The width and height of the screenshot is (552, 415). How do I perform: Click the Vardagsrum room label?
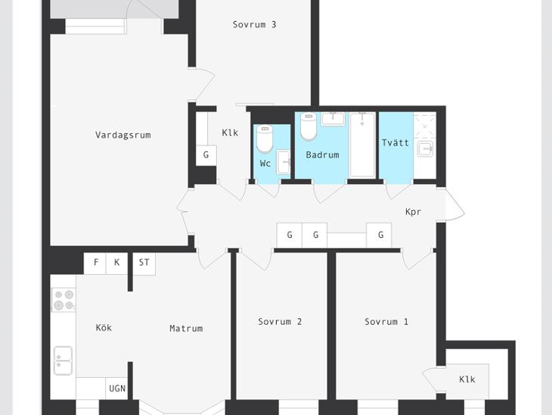(x=122, y=135)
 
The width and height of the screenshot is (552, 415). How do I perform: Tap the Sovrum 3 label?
(x=254, y=25)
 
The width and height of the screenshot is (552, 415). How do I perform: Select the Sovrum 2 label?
(x=280, y=322)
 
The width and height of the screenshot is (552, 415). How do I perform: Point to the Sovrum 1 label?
(x=386, y=322)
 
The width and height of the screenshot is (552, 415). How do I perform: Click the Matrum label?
(x=186, y=329)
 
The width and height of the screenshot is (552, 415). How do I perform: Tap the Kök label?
(x=104, y=328)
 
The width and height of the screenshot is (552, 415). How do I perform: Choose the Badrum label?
(x=322, y=154)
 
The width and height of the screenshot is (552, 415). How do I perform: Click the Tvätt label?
(x=395, y=143)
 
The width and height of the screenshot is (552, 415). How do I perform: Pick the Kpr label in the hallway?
(x=413, y=211)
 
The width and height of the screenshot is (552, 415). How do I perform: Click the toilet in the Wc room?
(x=265, y=139)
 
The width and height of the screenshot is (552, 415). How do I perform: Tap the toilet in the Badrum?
(x=309, y=126)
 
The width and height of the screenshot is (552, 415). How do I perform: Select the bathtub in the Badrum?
(x=362, y=145)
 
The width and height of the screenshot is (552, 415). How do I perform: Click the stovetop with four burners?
(x=64, y=300)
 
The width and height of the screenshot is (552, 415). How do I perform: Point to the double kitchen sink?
(x=64, y=360)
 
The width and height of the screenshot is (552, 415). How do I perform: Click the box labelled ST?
(x=144, y=263)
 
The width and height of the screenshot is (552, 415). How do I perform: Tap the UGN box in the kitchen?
(x=117, y=388)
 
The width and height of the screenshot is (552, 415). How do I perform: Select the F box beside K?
(x=95, y=263)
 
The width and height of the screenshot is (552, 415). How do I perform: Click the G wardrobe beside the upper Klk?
(x=206, y=155)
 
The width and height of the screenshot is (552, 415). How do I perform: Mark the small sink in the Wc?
(x=284, y=162)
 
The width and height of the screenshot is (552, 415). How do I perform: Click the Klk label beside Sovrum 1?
(x=467, y=379)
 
